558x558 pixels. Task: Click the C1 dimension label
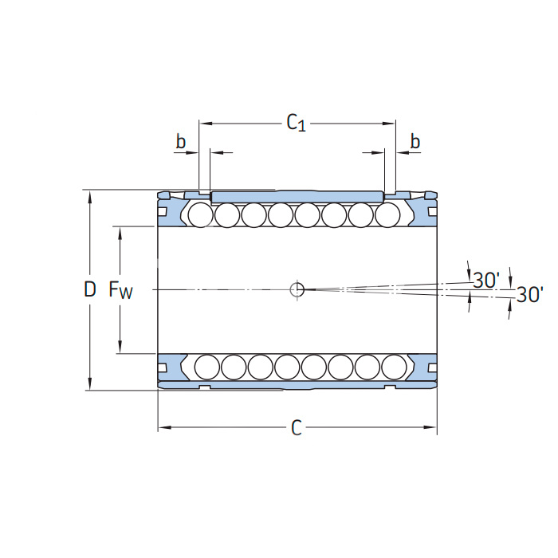tap(296, 123)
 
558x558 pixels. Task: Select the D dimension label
tap(89, 289)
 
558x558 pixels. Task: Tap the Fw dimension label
tap(120, 290)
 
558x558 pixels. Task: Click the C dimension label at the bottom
tap(297, 429)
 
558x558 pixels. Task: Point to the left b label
tap(181, 142)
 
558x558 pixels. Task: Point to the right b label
tap(415, 142)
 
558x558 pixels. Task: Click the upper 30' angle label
tap(485, 280)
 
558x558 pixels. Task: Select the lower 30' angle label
tap(529, 295)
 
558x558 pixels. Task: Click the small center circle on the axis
tap(297, 289)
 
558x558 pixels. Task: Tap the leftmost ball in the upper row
tap(200, 214)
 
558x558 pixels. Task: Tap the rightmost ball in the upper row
tap(387, 214)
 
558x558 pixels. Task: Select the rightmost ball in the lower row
tap(394, 366)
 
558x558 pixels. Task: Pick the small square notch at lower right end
tap(432, 367)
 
